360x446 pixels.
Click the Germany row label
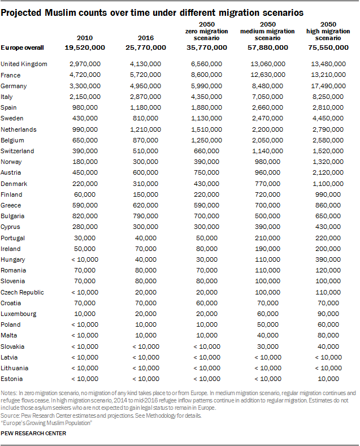point(14,86)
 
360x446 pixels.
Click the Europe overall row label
point(23,47)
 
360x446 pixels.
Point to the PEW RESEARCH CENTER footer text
point(33,434)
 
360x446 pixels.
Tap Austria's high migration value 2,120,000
point(329,172)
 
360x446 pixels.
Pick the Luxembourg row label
point(19,314)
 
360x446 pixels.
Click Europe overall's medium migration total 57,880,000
point(264,47)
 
